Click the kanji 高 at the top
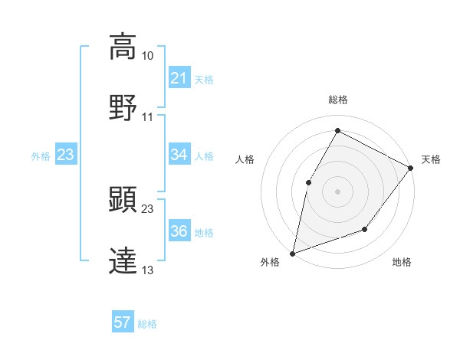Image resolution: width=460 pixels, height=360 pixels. pyautogui.click(x=123, y=46)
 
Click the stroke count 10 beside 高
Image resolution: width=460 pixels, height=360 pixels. pyautogui.click(x=147, y=56)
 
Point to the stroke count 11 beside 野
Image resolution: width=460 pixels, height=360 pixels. pyautogui.click(x=147, y=116)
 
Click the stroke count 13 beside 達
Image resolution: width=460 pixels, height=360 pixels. pyautogui.click(x=147, y=270)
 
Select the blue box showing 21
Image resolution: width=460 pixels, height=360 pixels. pyautogui.click(x=179, y=78)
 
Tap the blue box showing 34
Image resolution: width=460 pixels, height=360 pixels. pyautogui.click(x=179, y=155)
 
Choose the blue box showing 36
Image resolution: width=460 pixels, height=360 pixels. pyautogui.click(x=179, y=231)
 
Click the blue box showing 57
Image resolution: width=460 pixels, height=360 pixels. pyautogui.click(x=123, y=322)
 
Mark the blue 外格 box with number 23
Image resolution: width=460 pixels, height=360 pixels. pyautogui.click(x=65, y=155)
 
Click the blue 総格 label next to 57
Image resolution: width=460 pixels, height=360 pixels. pyautogui.click(x=147, y=324)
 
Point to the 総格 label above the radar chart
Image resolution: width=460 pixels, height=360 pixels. pyautogui.click(x=337, y=100)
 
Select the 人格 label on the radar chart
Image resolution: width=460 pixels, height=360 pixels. pyautogui.click(x=245, y=159)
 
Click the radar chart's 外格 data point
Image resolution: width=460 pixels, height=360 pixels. pyautogui.click(x=292, y=253)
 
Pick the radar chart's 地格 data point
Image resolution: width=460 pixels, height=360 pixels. pyautogui.click(x=365, y=229)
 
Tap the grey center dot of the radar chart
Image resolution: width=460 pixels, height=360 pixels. pyautogui.click(x=337, y=191)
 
